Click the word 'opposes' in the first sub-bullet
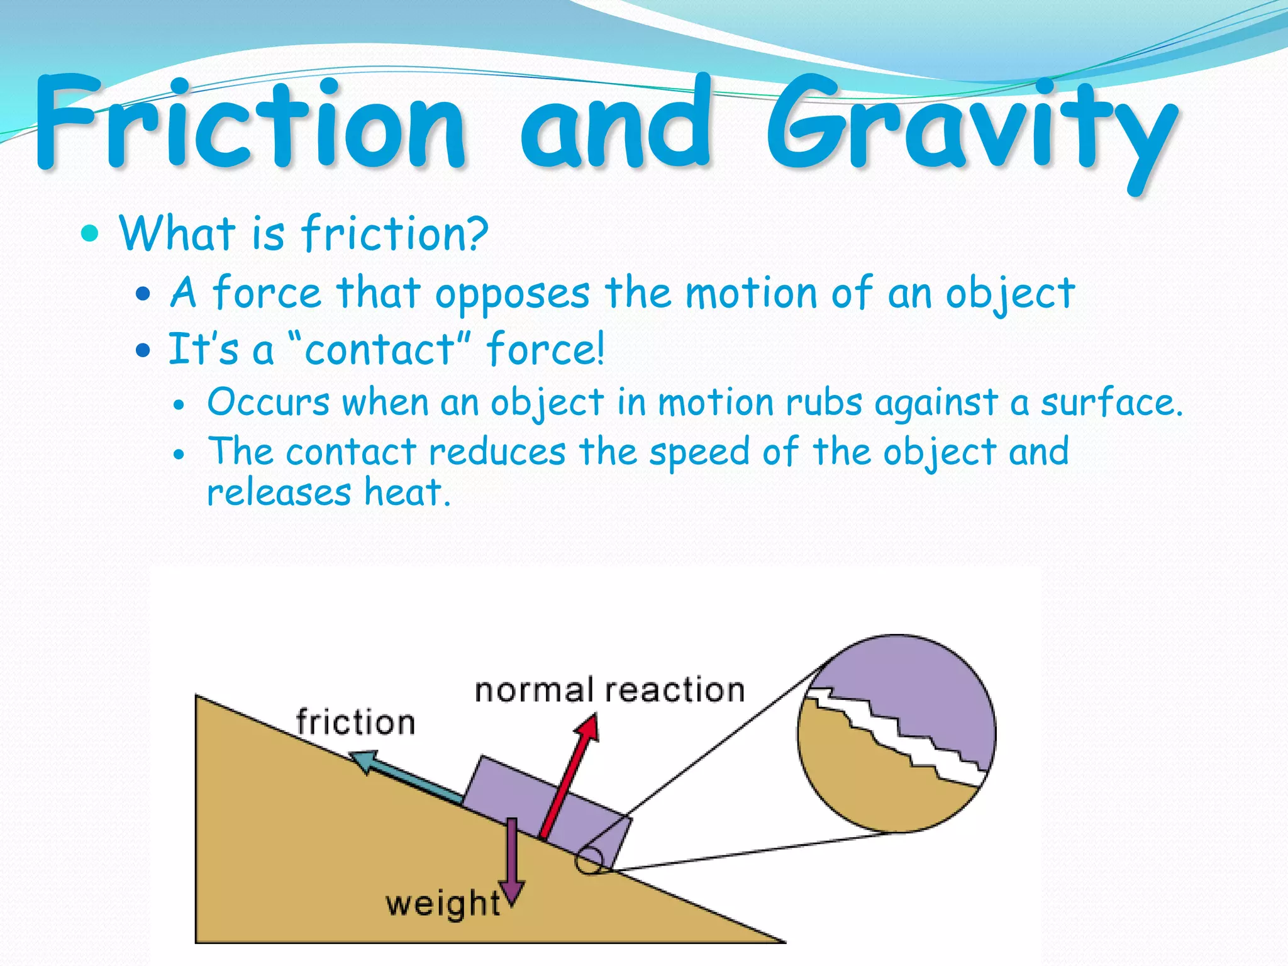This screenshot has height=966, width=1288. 513,294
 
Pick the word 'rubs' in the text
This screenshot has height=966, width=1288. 824,402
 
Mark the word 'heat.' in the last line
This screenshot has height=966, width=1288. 408,492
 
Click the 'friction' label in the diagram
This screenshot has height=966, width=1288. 355,722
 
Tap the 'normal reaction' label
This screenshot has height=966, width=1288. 609,691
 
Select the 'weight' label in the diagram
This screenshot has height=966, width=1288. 443,904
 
